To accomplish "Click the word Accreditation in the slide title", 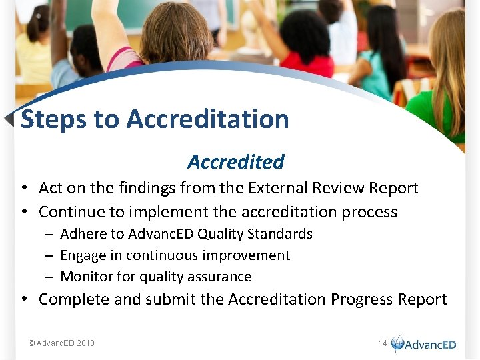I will point(207,119).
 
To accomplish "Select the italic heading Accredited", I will point(235,161).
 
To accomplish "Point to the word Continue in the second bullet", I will point(73,212).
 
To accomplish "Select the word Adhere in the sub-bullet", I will point(82,234).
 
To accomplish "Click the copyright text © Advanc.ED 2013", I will point(61,343).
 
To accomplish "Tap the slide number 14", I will point(383,343).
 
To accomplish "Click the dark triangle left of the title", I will point(9,119).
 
